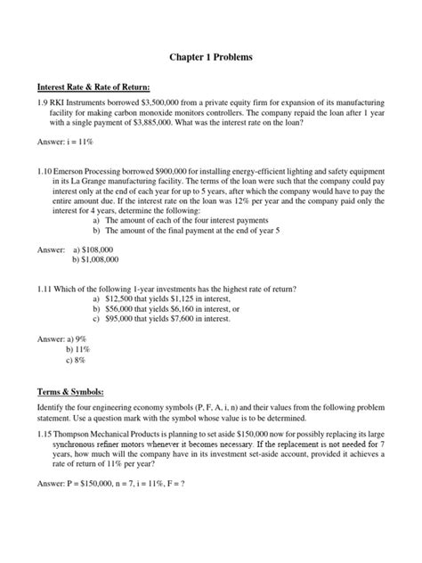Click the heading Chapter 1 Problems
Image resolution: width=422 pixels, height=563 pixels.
coord(211,57)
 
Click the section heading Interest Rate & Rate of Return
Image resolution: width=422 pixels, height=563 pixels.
coord(93,87)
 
